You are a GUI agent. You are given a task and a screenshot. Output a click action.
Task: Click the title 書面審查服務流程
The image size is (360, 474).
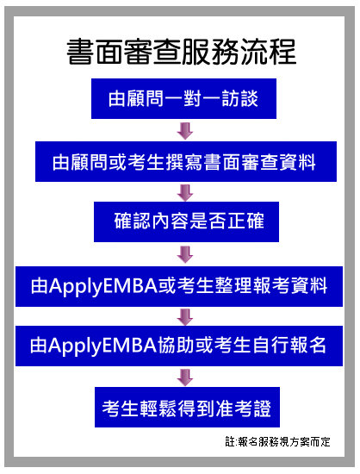point(181,52)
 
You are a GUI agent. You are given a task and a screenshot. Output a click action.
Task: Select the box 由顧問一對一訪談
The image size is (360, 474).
point(183,98)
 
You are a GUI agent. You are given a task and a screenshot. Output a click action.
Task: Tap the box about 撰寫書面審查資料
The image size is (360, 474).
point(186,161)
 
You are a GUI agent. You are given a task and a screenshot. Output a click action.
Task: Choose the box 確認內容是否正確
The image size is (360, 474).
point(186,221)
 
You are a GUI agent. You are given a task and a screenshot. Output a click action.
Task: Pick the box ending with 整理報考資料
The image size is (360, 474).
point(179,286)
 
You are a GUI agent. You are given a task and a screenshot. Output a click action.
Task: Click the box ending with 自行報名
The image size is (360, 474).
point(179,346)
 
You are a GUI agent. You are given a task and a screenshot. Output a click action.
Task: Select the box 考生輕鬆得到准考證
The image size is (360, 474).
point(187,407)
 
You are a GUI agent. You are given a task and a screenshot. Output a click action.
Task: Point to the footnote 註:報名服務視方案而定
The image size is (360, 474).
point(277,441)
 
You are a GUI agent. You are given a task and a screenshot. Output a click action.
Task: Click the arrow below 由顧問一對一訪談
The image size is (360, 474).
point(185,131)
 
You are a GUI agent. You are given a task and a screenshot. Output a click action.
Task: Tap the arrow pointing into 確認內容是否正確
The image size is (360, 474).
point(185,192)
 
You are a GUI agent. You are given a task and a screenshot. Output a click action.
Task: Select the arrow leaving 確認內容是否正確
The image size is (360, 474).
point(185,254)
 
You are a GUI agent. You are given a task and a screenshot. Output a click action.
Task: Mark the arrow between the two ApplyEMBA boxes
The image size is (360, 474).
point(185,316)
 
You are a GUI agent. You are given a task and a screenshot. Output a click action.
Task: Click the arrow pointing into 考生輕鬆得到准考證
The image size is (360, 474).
point(185,377)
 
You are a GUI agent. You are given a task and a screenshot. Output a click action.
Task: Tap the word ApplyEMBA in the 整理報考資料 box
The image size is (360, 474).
point(103,286)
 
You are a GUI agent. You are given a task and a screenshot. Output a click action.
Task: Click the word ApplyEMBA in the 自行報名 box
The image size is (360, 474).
point(102,346)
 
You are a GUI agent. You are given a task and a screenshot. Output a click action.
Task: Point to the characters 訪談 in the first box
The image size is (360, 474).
point(240,98)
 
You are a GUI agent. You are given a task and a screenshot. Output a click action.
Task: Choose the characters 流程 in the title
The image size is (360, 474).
point(268,52)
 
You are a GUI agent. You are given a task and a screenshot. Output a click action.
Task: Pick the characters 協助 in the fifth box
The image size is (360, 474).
point(176,346)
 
